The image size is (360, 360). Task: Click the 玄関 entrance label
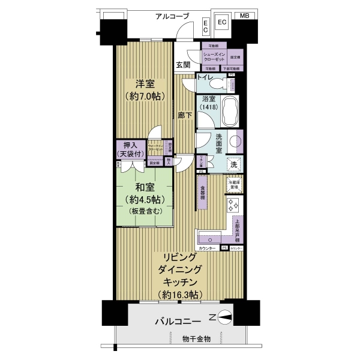(x=183, y=65)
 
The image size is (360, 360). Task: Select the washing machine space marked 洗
(x=233, y=164)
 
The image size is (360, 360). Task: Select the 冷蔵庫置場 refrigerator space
(x=233, y=184)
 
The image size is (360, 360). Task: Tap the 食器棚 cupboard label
(x=203, y=190)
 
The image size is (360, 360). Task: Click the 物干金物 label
(x=197, y=340)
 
